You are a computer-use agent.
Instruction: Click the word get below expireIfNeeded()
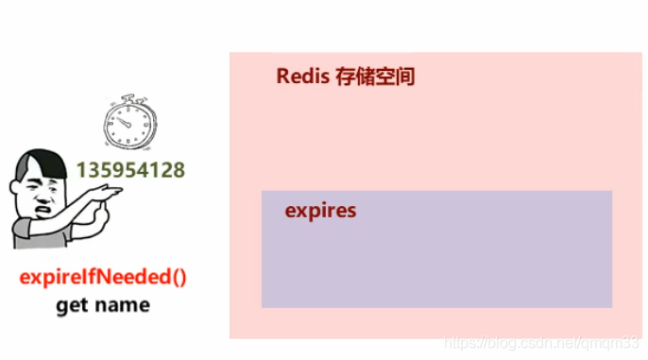pos(72,306)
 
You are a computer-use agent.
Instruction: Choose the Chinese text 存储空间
pos(375,77)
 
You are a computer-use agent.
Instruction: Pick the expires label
pos(320,210)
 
